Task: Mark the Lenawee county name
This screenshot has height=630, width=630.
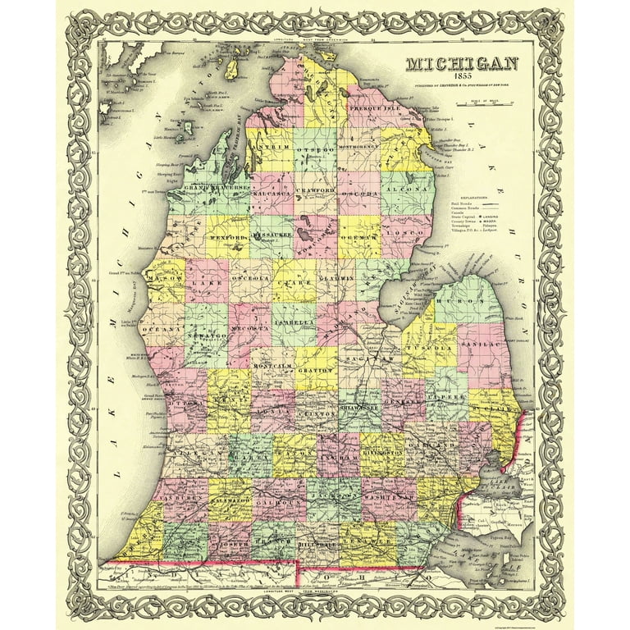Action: point(365,542)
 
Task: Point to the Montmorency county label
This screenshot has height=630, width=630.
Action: point(362,148)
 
